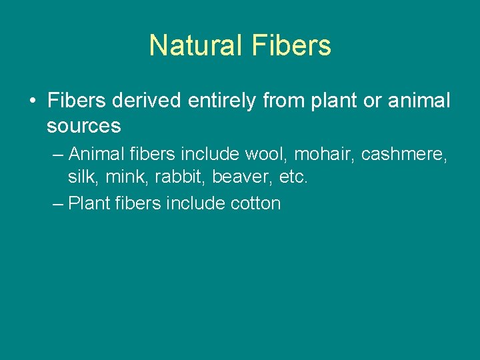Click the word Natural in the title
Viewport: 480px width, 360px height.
196,45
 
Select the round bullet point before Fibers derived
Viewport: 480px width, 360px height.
32,101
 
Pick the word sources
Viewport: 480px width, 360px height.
83,125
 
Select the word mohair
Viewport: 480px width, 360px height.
325,154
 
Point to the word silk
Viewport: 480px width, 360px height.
79,178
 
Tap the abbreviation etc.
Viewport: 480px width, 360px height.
293,178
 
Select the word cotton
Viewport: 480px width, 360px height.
255,203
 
